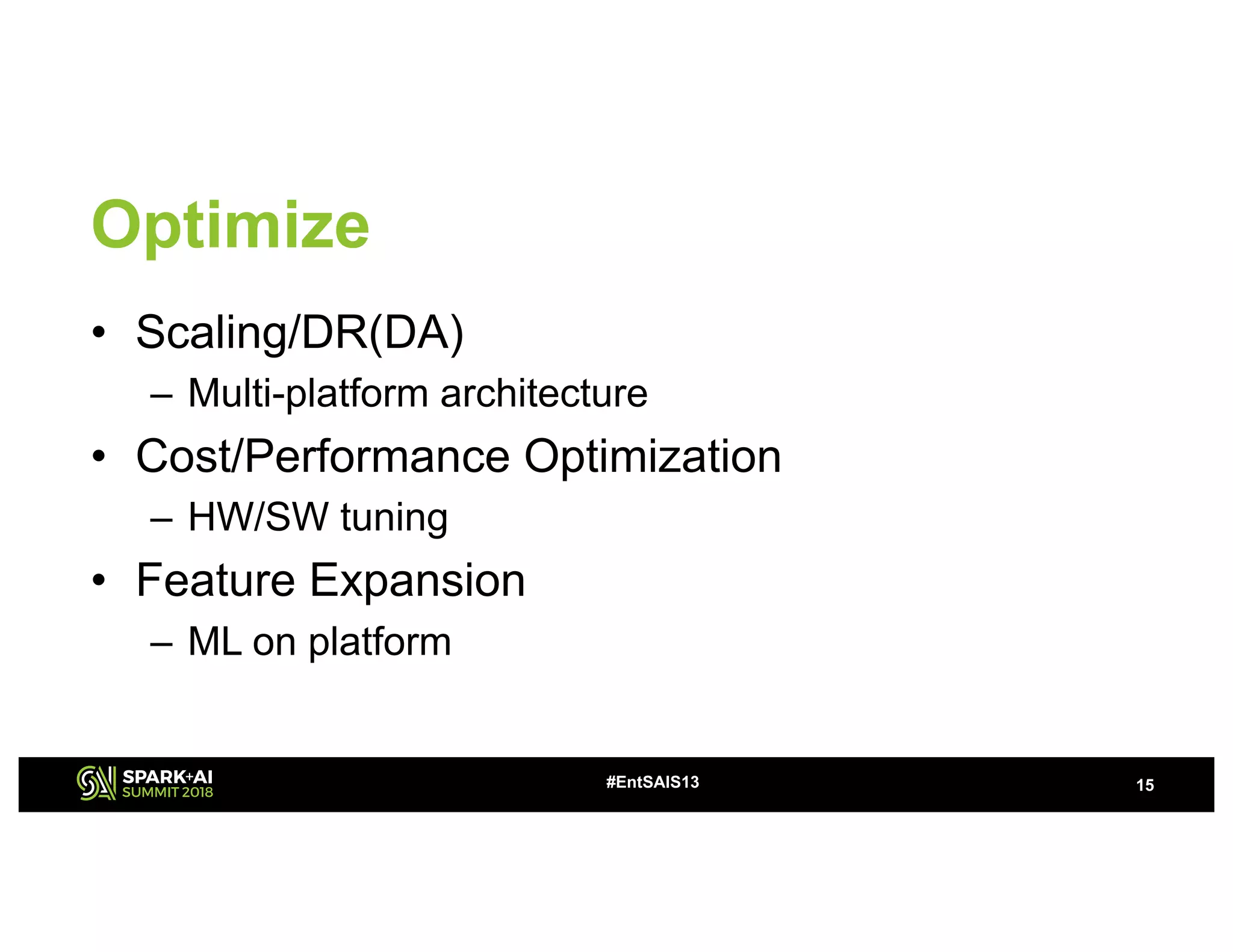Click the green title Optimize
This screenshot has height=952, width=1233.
tap(230, 226)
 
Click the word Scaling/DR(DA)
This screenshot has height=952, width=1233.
tap(300, 332)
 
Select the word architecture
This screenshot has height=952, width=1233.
tap(544, 394)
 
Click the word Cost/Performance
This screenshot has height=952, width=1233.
tap(323, 456)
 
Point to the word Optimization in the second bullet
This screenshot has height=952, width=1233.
tap(653, 457)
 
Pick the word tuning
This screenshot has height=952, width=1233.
tap(394, 518)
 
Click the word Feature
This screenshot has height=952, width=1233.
tap(216, 580)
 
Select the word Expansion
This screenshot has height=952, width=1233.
tap(417, 581)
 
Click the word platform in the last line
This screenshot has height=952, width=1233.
tap(380, 643)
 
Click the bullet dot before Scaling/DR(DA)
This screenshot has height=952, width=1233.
tap(99, 333)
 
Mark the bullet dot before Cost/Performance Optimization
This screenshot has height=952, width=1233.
tap(99, 457)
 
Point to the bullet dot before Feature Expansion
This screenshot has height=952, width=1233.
tap(99, 581)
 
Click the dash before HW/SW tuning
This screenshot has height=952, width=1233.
tap(161, 518)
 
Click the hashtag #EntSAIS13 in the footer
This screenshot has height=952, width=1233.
tap(653, 782)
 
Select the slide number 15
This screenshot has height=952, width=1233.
tap(1144, 785)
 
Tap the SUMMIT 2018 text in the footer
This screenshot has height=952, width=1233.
tap(167, 793)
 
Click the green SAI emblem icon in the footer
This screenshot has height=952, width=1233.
tap(96, 783)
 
